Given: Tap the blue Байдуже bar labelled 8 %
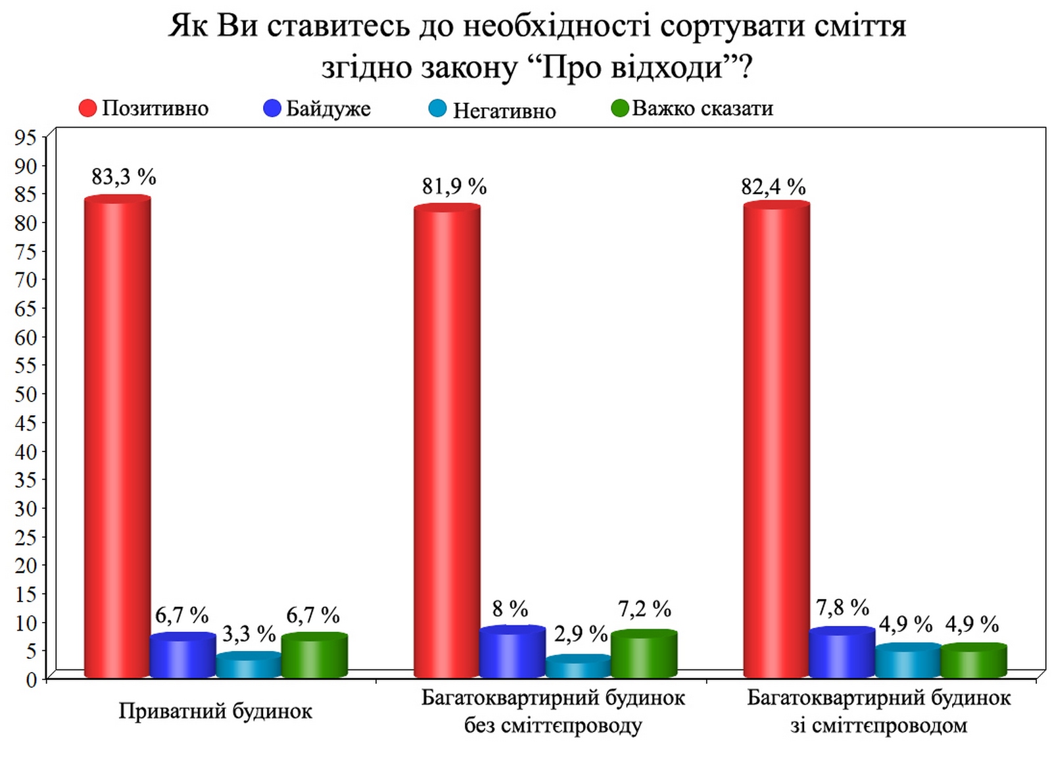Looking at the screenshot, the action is coord(512,652).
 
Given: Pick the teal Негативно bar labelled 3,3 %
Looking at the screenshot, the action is coord(249,665).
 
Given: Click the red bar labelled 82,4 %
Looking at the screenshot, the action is coord(777,439).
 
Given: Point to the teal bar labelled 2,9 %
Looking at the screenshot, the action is coord(578,666).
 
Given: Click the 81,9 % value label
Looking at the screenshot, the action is coord(454,187).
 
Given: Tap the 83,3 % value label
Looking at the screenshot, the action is coord(124,177).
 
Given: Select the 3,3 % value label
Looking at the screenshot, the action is coord(249,634).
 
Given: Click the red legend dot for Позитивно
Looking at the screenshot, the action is coord(87,108).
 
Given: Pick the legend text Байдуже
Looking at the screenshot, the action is coord(328,109).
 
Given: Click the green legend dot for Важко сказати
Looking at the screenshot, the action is coord(619,109).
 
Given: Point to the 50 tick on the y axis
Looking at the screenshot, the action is coord(26,394).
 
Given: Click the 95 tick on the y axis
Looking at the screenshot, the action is coord(26,138).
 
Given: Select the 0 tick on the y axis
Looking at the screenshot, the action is coord(32,679).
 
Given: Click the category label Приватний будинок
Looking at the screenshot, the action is coord(215,711).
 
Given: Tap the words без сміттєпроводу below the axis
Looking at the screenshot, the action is coord(553,725).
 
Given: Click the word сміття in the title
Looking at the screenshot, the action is coord(859,26).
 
